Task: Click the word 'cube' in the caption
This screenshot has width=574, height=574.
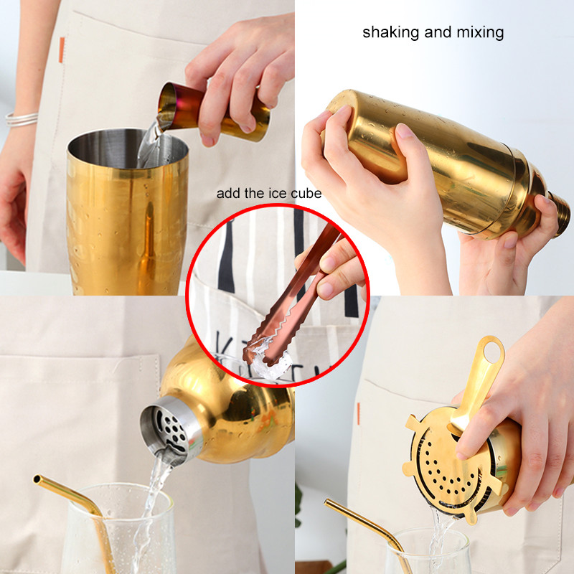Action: click(306, 194)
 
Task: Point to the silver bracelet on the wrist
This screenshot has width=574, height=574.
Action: click(22, 118)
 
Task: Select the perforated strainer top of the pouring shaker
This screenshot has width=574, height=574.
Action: click(166, 430)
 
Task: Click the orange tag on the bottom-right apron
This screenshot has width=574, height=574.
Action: click(358, 413)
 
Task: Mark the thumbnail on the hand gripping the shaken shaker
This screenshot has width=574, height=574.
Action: click(406, 132)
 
